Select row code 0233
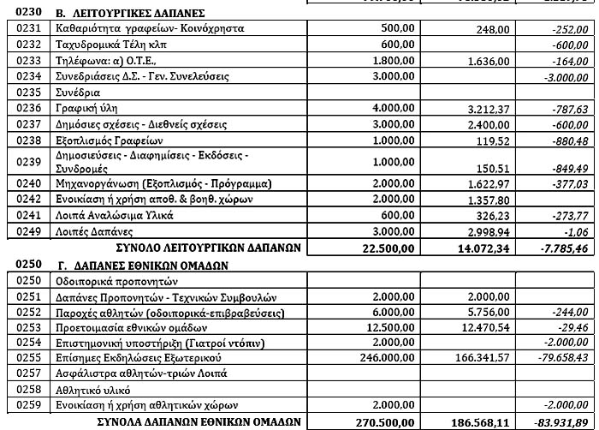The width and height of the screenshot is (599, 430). [x=22, y=61]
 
